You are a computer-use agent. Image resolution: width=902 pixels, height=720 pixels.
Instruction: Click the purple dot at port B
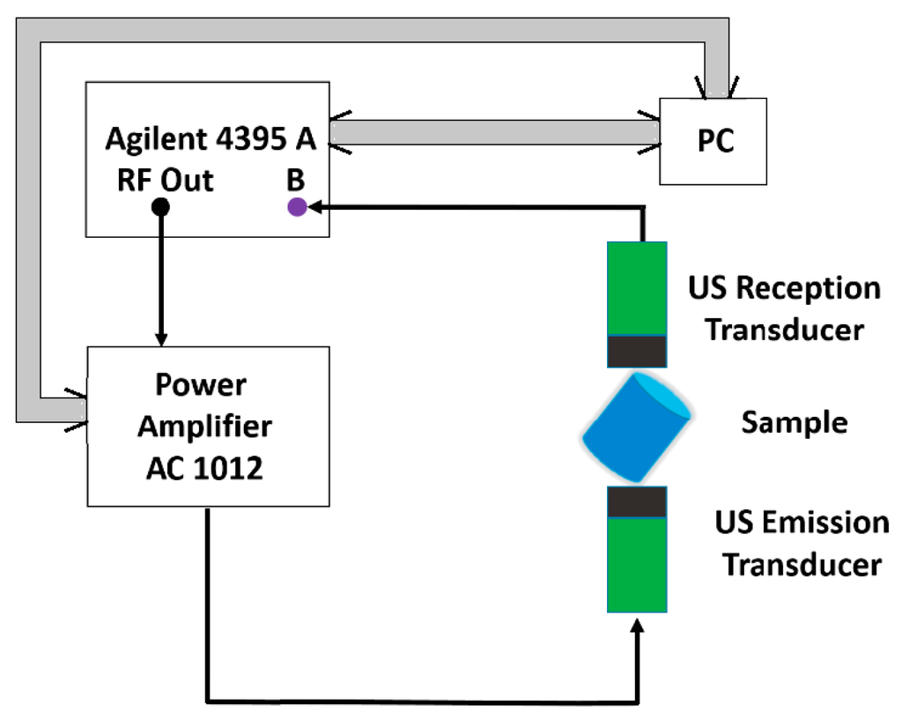coord(297,208)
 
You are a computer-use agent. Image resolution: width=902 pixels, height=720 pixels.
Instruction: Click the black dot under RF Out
coord(160,208)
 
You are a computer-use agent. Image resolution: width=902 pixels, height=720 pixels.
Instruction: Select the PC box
coord(713,141)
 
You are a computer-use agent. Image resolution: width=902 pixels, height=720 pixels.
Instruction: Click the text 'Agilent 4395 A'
coord(211,140)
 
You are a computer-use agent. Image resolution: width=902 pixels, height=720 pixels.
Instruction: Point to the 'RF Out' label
coord(165,180)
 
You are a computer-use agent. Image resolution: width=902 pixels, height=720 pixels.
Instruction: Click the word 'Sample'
coord(794,422)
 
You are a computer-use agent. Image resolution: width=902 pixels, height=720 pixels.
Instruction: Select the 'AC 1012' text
coord(205,467)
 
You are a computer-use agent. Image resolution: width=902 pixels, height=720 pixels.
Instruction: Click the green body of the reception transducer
coord(637,286)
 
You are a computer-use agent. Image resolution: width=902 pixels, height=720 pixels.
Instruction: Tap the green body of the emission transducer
coord(637,564)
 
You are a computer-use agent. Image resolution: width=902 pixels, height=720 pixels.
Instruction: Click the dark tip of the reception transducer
coord(637,351)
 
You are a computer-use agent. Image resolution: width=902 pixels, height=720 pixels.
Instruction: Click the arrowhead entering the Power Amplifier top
coord(160,338)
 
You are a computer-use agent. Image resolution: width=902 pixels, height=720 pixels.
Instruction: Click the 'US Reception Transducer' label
coord(784,308)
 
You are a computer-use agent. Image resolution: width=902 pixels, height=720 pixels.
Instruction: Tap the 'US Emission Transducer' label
coord(802,543)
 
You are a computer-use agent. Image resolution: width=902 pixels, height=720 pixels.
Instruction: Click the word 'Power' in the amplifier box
coord(201,385)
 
